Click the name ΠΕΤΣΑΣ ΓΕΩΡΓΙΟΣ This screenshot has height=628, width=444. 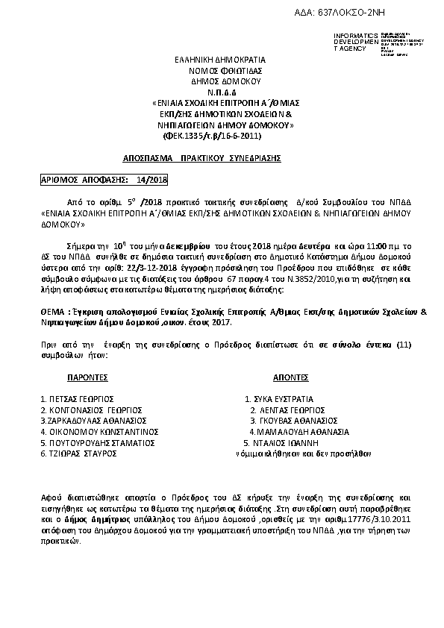(x=77, y=399)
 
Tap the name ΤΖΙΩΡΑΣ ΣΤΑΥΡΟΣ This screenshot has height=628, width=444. (x=78, y=453)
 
